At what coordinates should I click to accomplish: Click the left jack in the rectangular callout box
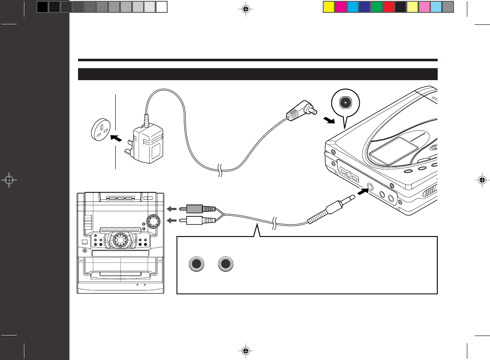click(196, 264)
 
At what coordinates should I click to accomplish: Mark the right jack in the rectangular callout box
click(225, 264)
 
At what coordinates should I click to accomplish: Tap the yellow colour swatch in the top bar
click(328, 7)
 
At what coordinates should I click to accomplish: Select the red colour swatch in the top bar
click(388, 7)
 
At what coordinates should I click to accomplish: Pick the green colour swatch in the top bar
click(376, 7)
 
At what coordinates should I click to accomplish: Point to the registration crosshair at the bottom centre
click(246, 351)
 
